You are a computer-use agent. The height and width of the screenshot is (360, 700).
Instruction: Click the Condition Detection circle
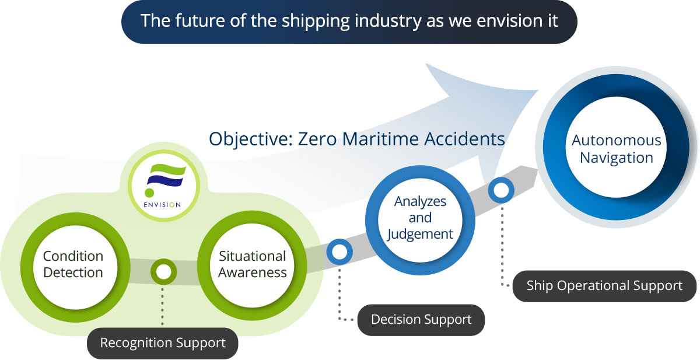tap(73, 264)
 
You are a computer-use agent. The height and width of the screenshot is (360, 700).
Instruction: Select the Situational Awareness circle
tap(252, 264)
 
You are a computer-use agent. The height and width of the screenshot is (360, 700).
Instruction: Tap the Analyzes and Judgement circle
tap(419, 218)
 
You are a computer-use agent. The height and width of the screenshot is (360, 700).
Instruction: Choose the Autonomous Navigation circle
tap(616, 149)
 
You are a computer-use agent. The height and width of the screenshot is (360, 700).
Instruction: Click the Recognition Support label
tap(163, 343)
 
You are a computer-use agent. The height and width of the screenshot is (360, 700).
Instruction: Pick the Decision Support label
tap(421, 320)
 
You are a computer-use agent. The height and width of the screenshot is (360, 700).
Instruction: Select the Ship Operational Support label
tap(604, 286)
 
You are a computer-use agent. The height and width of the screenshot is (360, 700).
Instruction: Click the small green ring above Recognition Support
tap(163, 271)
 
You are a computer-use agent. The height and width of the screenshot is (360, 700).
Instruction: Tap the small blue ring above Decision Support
tap(339, 251)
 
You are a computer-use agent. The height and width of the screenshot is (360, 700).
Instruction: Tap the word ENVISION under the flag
tap(163, 204)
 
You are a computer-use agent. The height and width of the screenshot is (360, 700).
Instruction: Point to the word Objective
tap(251, 139)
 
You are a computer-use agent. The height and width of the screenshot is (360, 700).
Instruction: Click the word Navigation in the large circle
tap(616, 158)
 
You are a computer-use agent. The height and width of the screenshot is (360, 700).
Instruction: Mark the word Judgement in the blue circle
tap(419, 234)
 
